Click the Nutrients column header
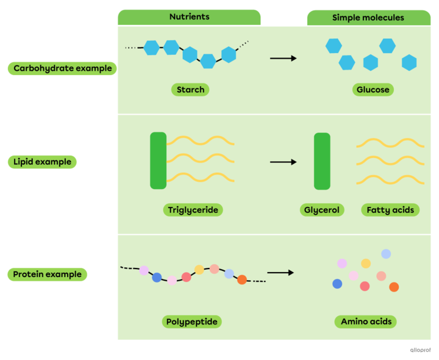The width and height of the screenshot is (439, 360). (x=189, y=17)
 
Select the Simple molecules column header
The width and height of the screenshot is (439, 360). (x=368, y=18)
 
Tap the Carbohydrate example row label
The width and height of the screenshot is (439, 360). (x=62, y=68)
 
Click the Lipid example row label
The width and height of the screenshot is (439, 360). (x=42, y=162)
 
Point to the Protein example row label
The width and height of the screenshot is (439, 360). (x=48, y=275)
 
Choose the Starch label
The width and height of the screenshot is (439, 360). (x=190, y=90)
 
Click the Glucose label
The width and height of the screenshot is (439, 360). (x=373, y=90)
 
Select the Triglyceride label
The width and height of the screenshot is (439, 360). (x=193, y=210)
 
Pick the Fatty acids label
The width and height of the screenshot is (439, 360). (x=390, y=210)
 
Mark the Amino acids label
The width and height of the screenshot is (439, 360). (x=366, y=322)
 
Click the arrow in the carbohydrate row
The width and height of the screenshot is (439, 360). (x=283, y=59)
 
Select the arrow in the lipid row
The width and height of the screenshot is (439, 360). (x=283, y=162)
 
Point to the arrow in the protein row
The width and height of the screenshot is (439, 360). (x=280, y=273)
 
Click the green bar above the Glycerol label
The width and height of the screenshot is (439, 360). (x=322, y=161)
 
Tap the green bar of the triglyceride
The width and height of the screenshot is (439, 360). (x=158, y=160)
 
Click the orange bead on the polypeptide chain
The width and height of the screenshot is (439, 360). (x=242, y=280)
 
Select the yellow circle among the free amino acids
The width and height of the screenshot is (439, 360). (x=366, y=264)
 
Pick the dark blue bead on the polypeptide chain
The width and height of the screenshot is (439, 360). (x=157, y=278)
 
